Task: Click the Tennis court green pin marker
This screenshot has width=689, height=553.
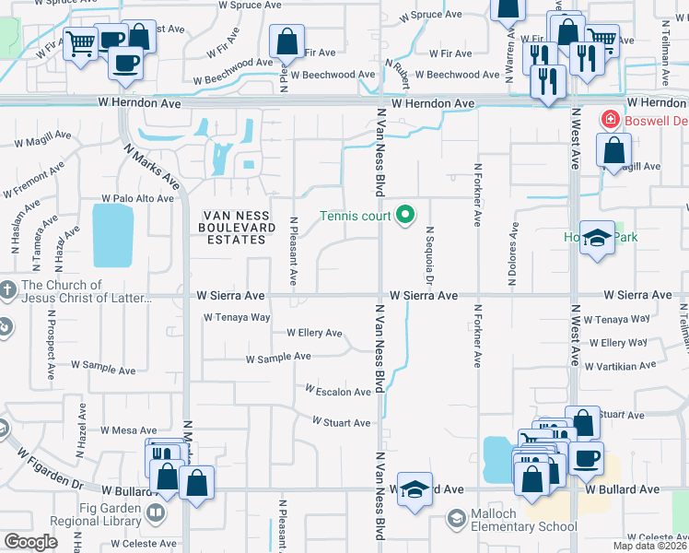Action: pos(406,217)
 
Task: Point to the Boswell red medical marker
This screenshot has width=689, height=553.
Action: pos(609,119)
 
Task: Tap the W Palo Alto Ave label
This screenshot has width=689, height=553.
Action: pos(137,198)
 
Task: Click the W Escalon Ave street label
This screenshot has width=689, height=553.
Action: pos(338,392)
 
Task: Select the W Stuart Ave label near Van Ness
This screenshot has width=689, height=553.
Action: pos(341,422)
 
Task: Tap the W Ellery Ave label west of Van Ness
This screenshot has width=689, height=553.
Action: pos(314,333)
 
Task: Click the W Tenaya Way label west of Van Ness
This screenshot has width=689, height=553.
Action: pos(237,317)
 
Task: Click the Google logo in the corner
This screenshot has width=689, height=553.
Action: pos(30,541)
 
